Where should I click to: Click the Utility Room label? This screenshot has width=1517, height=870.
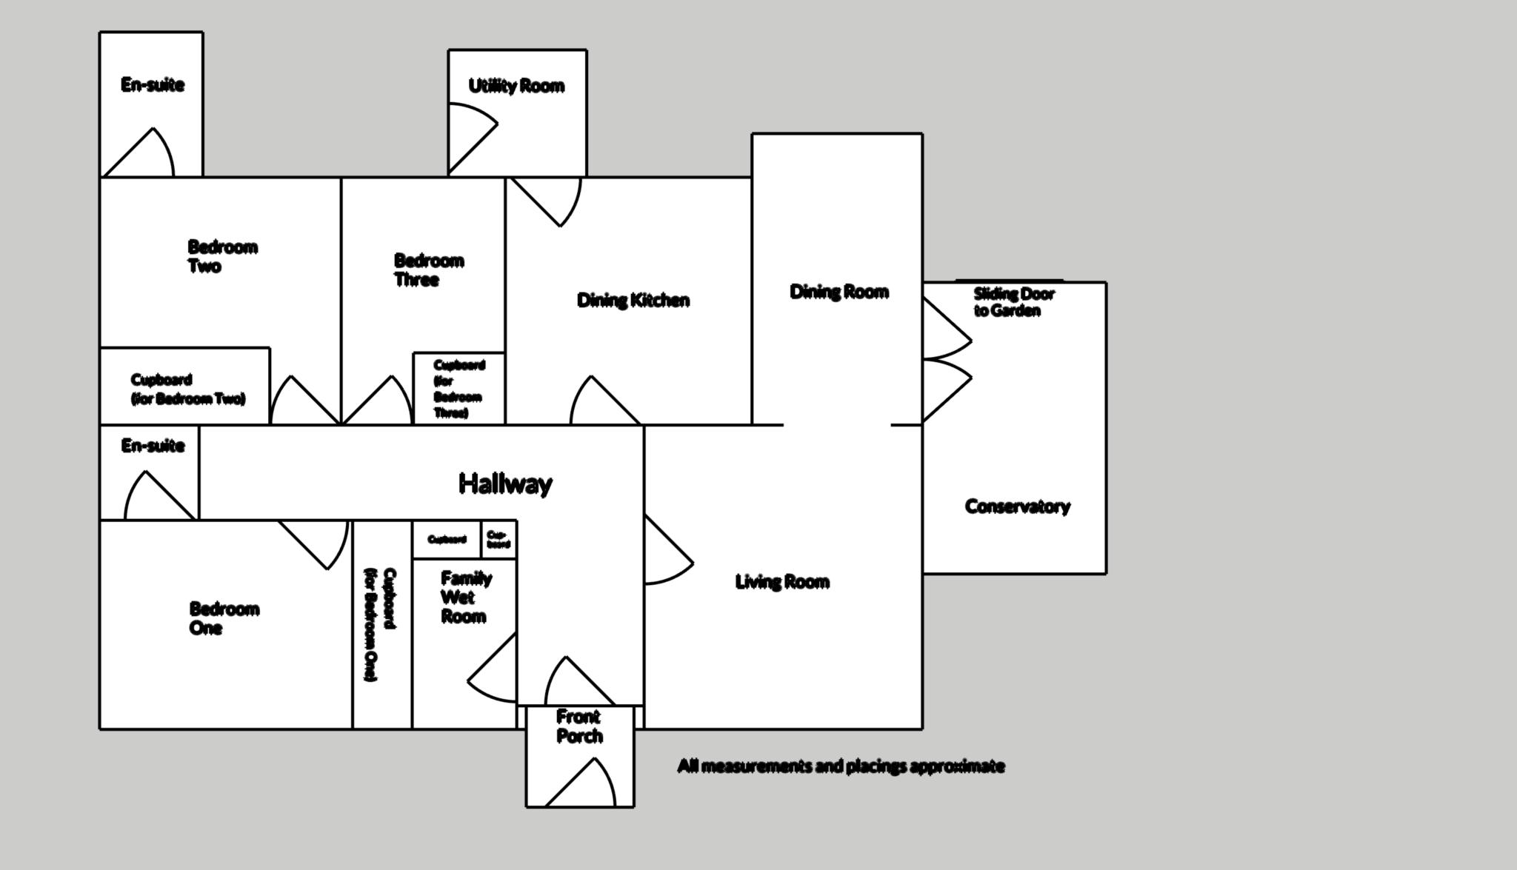(x=516, y=86)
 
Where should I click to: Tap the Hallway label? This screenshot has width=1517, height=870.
(x=505, y=483)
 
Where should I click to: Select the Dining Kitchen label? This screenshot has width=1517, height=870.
(x=633, y=300)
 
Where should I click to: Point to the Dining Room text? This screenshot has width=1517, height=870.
(x=838, y=292)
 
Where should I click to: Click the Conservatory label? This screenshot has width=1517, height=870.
(x=1017, y=506)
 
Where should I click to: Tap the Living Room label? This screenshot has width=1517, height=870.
(x=781, y=582)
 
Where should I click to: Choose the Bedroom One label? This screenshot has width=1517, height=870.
(x=224, y=618)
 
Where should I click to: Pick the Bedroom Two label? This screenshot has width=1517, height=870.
(x=221, y=256)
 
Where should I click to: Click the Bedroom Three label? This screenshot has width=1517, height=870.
(x=428, y=270)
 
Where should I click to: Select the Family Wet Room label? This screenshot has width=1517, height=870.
(x=465, y=597)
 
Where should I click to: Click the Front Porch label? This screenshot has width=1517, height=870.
(x=579, y=726)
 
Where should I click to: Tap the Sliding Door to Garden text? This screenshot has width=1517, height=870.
(x=1013, y=302)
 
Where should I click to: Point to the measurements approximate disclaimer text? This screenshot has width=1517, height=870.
(x=841, y=766)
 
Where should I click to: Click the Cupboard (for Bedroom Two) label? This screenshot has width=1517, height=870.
(x=187, y=389)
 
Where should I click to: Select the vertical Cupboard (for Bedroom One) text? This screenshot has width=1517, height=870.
(x=381, y=624)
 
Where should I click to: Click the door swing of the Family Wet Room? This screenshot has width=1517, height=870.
(x=495, y=671)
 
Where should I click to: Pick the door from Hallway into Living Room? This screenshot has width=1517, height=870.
(x=667, y=550)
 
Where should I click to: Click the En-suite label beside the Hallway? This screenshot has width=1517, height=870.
(x=153, y=446)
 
